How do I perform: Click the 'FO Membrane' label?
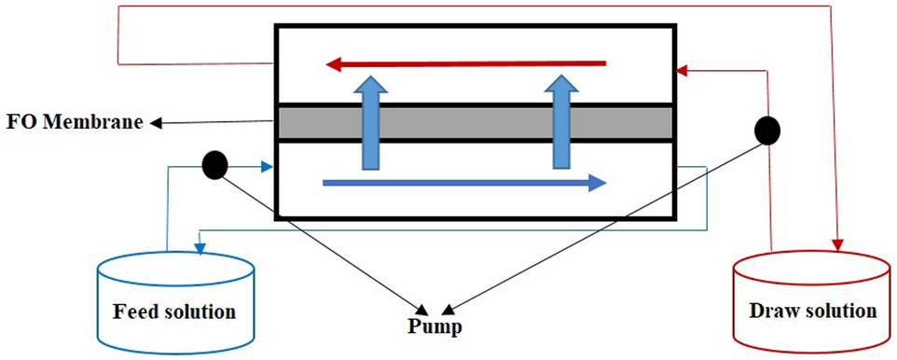(x=76, y=122)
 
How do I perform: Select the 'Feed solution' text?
(x=174, y=310)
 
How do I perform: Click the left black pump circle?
(x=214, y=166)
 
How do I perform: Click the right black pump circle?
(x=767, y=131)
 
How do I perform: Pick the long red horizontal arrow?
(x=465, y=64)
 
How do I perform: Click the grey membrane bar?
(x=475, y=122)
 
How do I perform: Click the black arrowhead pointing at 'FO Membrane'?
(x=158, y=122)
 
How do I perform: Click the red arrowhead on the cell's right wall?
(x=683, y=69)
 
